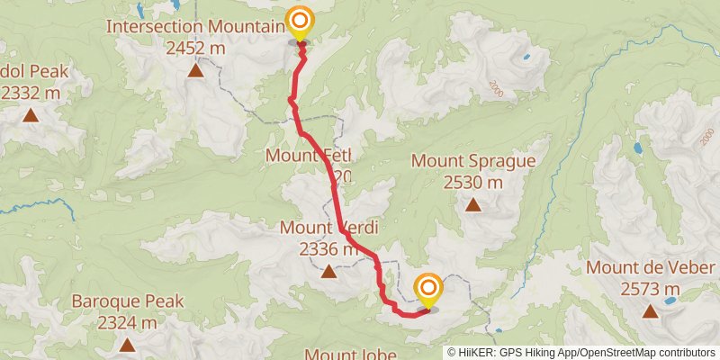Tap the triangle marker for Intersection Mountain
click(195, 69)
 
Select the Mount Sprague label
click(473, 161)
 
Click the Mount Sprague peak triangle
click(473, 204)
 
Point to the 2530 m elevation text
click(473, 182)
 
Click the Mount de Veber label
click(651, 268)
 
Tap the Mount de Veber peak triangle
click(651, 311)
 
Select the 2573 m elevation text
click(651, 289)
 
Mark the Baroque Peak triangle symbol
click(128, 344)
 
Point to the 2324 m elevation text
click(128, 321)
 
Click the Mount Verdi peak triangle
click(329, 270)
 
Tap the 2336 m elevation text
click(326, 247)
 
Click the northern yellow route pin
click(299, 22)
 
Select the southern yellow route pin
click(428, 289)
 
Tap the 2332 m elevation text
click(31, 92)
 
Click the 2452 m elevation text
click(195, 47)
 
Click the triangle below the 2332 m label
click(31, 114)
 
